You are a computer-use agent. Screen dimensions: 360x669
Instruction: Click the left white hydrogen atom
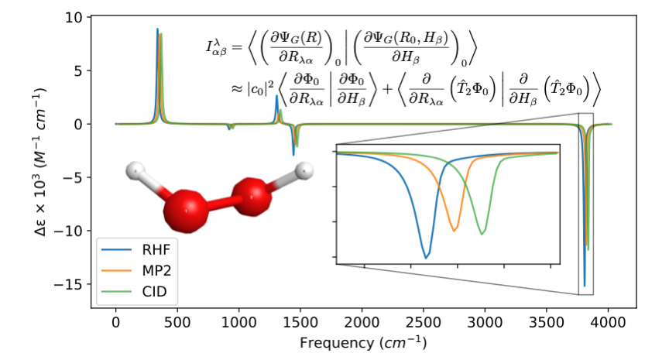(136, 170)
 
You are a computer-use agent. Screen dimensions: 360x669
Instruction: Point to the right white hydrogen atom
(305, 170)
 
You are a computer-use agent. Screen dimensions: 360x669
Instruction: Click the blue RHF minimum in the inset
(426, 256)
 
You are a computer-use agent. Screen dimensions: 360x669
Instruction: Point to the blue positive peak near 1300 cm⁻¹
(276, 97)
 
